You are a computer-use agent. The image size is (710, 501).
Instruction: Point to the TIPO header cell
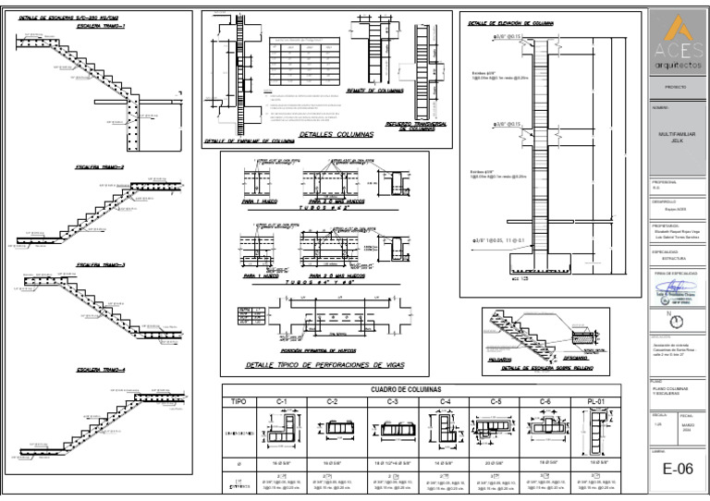[x=239, y=402]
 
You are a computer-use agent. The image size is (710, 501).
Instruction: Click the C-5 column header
[x=496, y=402]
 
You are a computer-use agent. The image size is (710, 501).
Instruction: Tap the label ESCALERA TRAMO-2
[x=101, y=168]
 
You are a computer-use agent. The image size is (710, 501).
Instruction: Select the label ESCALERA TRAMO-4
[x=101, y=369]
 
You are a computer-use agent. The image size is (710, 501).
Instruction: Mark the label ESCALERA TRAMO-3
[x=101, y=265]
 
